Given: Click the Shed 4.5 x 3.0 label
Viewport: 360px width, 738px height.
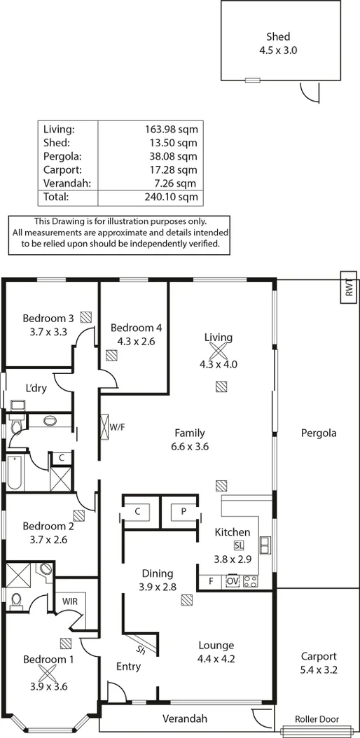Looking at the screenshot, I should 277,43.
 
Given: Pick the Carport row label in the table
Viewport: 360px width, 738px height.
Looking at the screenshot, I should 62,169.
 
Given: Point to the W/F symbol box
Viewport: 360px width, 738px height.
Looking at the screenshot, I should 106,426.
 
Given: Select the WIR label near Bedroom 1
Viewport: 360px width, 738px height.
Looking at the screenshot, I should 70,601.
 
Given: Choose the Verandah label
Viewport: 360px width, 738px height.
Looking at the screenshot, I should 185,718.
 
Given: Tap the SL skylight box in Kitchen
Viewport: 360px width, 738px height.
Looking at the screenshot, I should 239,545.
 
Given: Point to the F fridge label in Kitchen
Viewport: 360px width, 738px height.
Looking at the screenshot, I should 209,580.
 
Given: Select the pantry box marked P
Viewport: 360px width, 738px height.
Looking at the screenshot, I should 183,511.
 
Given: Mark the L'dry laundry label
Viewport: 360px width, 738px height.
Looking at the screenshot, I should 36,389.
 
